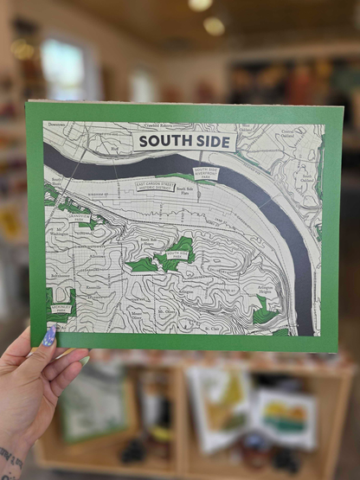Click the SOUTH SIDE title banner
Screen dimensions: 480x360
tap(184, 141)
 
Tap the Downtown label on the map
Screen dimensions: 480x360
tap(56, 125)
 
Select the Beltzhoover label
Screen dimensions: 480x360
tap(61, 274)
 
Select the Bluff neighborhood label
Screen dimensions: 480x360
tap(113, 148)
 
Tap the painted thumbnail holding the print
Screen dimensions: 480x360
tap(48, 336)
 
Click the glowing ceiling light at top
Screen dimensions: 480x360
tap(200, 5)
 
